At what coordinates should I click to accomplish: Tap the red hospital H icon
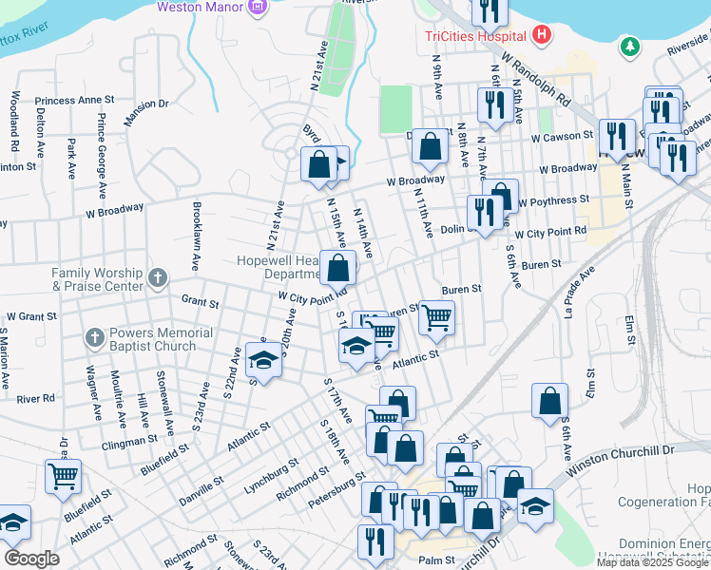(x=542, y=36)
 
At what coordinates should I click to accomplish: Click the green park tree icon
(x=629, y=46)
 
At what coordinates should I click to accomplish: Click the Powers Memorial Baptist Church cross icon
(x=94, y=337)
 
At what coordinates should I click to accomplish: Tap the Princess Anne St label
(x=74, y=100)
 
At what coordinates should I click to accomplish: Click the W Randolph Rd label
(x=537, y=78)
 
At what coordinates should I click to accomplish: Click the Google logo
(x=31, y=559)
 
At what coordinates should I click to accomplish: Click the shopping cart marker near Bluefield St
(x=63, y=477)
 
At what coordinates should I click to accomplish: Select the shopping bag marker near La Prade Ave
(x=549, y=401)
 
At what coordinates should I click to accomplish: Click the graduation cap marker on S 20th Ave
(x=263, y=360)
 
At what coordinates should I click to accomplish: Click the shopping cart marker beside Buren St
(x=436, y=318)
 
